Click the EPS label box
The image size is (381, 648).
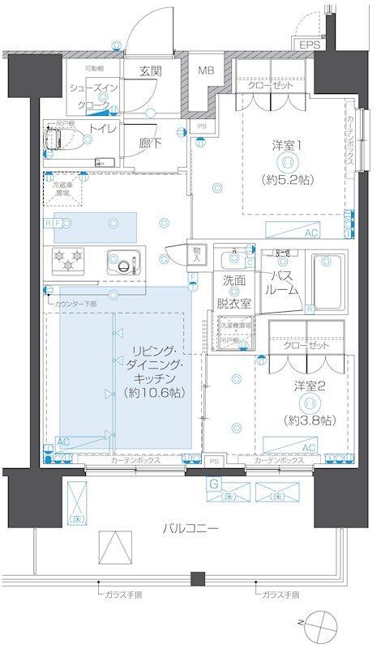click(x=308, y=45)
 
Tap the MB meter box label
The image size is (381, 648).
click(x=206, y=70)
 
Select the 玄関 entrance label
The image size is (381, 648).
click(x=151, y=70)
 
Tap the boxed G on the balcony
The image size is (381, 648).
click(x=212, y=484)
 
